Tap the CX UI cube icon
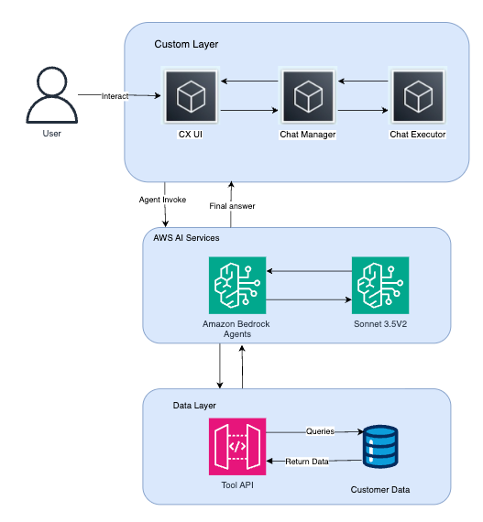click(x=191, y=95)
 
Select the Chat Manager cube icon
click(x=307, y=95)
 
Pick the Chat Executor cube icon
click(x=418, y=95)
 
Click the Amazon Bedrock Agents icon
click(x=237, y=285)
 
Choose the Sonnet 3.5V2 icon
click(x=380, y=285)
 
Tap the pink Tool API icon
click(x=237, y=446)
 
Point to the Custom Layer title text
click(x=186, y=44)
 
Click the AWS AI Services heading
click(x=186, y=237)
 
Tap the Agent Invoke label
click(x=162, y=199)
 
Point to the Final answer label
click(x=232, y=206)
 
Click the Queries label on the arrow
click(x=320, y=430)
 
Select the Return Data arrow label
click(x=307, y=461)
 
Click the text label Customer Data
click(x=380, y=490)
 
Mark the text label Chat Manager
click(x=307, y=135)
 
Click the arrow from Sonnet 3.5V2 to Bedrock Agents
click(x=309, y=271)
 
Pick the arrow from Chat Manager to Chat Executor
click(x=362, y=110)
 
